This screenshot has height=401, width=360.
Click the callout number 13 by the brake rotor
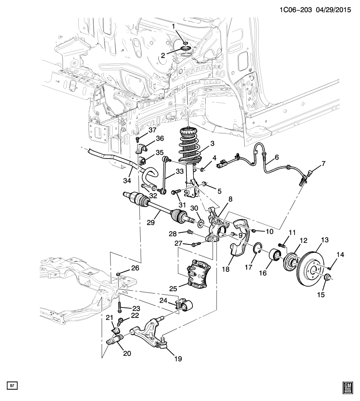[x=325, y=240]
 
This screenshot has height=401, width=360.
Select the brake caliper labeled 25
[x=199, y=273]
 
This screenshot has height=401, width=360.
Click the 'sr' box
[x=12, y=385]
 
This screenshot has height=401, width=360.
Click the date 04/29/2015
[x=333, y=10]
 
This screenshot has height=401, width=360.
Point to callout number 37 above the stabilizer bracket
[x=153, y=130]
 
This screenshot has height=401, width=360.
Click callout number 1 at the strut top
[x=173, y=26]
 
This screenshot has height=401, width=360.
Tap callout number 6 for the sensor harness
[x=276, y=157]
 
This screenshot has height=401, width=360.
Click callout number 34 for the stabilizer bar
[x=127, y=181]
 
